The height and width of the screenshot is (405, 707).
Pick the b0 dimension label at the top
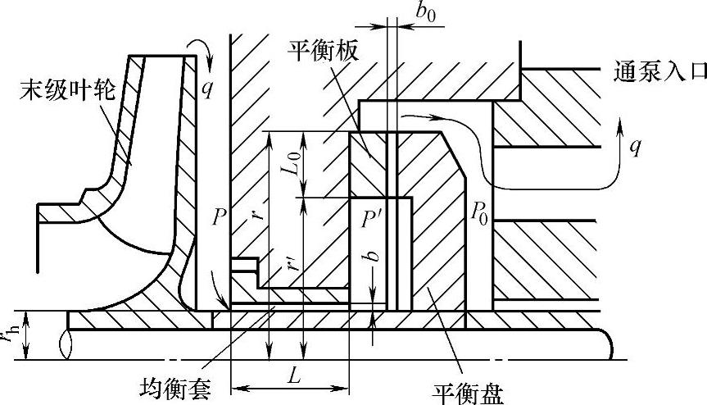click(425, 12)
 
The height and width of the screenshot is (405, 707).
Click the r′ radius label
click(294, 266)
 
